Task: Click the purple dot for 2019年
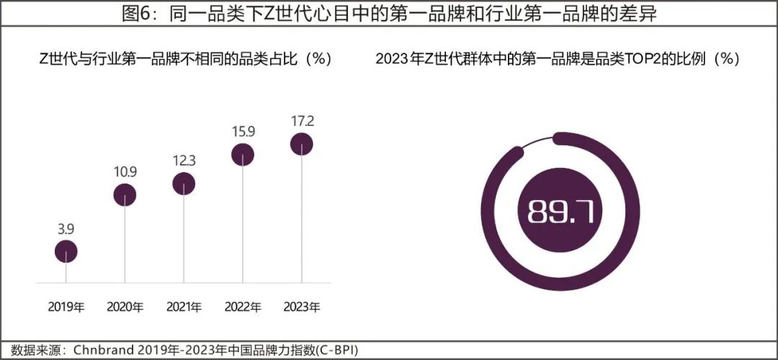coord(66,251)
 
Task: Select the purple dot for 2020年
coord(125,194)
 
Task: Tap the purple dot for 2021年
coord(184,184)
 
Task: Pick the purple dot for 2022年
coord(243,153)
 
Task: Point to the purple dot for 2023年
coord(301,145)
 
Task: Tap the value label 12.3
coord(184,160)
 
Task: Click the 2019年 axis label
coord(66,307)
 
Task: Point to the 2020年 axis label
coord(125,307)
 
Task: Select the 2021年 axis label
coord(184,307)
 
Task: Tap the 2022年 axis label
coord(243,307)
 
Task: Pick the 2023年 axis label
coord(301,307)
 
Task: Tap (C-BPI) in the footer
coord(334,351)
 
